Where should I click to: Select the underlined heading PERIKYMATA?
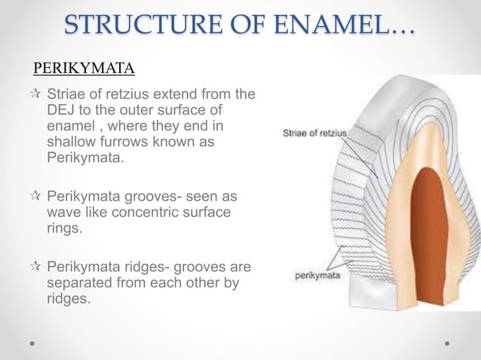coord(84,70)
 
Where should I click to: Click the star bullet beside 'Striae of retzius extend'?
coord(35,96)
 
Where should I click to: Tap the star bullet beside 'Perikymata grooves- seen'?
coord(35,197)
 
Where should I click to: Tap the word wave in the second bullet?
coord(63,213)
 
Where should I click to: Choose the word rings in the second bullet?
coord(63,230)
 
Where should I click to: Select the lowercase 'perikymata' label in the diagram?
coord(317,276)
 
